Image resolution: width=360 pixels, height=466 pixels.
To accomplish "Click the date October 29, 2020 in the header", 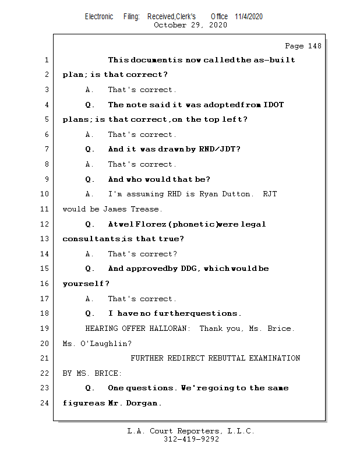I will [x=190, y=25].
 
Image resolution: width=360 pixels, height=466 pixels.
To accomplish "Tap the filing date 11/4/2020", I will [x=249, y=16].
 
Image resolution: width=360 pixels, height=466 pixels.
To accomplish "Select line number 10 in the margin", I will [x=45, y=194].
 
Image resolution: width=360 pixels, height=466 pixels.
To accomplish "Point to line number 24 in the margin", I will [x=45, y=403].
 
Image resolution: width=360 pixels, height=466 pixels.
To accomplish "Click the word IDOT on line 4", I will [x=273, y=105].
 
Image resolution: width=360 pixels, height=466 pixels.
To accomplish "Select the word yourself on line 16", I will [x=84, y=284].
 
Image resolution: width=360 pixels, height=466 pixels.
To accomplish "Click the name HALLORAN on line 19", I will [x=170, y=329].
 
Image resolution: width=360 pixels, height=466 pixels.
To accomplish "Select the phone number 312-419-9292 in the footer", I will [x=191, y=440].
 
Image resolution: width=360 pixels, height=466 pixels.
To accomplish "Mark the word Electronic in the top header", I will [x=99, y=16].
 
